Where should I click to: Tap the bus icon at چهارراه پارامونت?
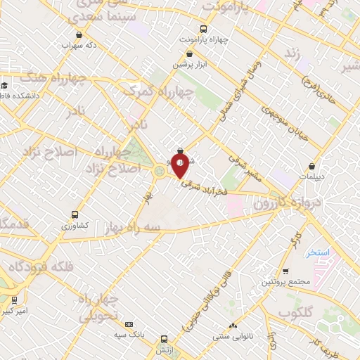click(x=203, y=29)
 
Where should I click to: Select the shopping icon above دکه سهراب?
click(x=79, y=34)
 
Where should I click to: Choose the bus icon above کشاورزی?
click(x=75, y=214)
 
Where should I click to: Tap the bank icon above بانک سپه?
click(x=129, y=324)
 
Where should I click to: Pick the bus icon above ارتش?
click(x=164, y=337)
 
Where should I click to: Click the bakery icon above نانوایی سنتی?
click(x=233, y=326)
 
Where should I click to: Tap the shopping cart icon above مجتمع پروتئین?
click(x=285, y=271)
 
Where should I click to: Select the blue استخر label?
click(x=319, y=252)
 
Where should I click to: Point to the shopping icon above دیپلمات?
click(x=311, y=167)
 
